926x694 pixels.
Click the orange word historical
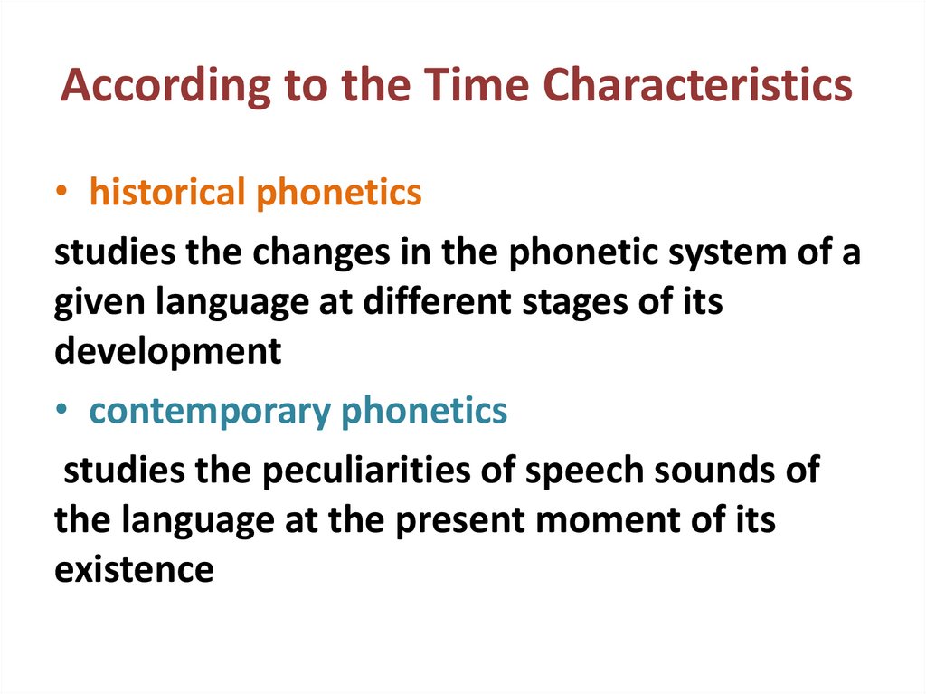click(x=167, y=193)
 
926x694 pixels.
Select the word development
click(x=168, y=352)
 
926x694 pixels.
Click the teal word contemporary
click(x=210, y=412)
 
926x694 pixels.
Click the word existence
click(x=134, y=570)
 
